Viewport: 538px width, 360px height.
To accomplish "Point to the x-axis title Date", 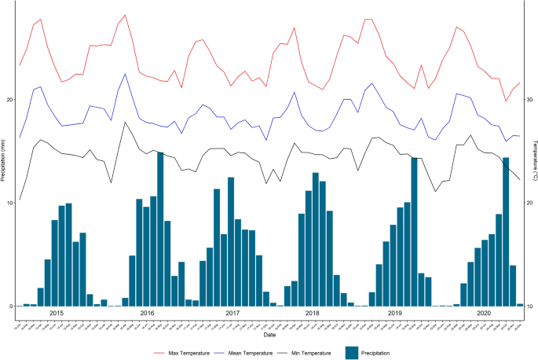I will pyautogui.click(x=269, y=334).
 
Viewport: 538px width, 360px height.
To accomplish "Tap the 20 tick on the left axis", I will pyautogui.click(x=9, y=100).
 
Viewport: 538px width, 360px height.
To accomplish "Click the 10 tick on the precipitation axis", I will pyautogui.click(x=9, y=203).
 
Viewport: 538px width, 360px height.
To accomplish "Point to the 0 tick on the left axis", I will pyautogui.click(x=10, y=306).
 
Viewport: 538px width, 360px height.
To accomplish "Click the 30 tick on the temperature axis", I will pyautogui.click(x=528, y=100).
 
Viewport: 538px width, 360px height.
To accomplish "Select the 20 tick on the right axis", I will pyautogui.click(x=528, y=203).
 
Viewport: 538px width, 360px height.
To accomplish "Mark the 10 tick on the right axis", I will pyautogui.click(x=528, y=306).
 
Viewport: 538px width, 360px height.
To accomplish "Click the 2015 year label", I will pyautogui.click(x=57, y=313).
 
